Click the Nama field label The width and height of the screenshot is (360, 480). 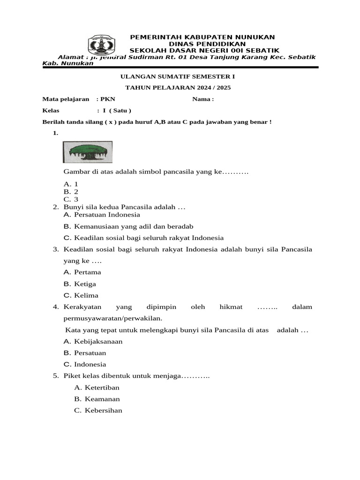click(x=203, y=99)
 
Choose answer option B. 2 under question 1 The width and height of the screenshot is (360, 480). click(x=71, y=192)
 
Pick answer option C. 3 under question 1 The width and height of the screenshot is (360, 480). click(x=71, y=199)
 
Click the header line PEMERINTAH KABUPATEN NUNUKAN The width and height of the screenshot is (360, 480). click(x=202, y=37)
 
